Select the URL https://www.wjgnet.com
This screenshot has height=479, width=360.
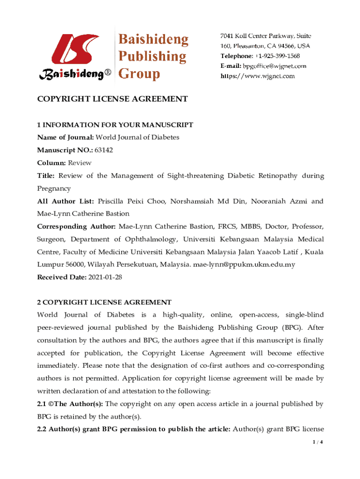[258, 76]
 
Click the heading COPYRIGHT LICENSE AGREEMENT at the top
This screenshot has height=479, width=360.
[112, 99]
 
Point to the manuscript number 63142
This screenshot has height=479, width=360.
[104, 150]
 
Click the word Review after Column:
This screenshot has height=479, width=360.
[80, 163]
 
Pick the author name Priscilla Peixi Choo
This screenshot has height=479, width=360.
[132, 201]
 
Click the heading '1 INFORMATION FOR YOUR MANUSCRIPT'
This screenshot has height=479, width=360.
[115, 125]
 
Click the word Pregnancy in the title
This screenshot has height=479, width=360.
[54, 189]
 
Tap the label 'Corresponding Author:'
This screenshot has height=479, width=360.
[77, 226]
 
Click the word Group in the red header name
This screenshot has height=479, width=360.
[140, 73]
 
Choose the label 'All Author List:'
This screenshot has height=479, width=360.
[66, 201]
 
